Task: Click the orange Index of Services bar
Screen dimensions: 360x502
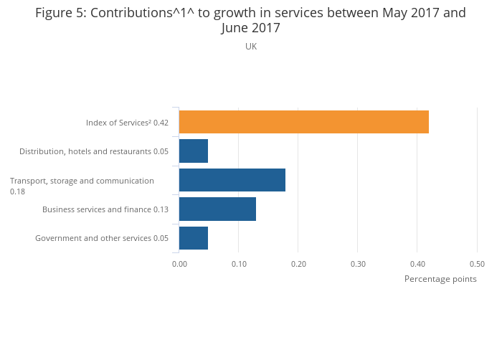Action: [x=303, y=122]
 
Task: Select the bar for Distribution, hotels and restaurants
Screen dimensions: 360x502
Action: [x=193, y=151]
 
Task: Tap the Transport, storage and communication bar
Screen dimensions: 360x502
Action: [x=232, y=180]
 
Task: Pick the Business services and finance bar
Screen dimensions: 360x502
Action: [x=217, y=209]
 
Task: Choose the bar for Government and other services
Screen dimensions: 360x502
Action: [x=193, y=238]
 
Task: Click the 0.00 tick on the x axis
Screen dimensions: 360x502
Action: [x=179, y=264]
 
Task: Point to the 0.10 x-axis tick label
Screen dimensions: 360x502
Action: [x=239, y=264]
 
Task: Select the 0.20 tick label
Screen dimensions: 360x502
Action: [x=298, y=264]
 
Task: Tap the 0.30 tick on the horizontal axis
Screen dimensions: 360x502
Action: [x=358, y=264]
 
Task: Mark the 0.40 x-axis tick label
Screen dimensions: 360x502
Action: [x=417, y=264]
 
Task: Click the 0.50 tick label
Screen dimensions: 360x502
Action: [x=477, y=264]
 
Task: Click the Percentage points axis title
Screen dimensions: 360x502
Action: [x=440, y=279]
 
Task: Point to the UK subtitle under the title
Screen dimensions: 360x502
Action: [x=251, y=47]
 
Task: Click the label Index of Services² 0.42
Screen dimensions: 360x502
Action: [x=127, y=123]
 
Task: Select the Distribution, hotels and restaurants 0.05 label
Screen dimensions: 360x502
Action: [x=94, y=151]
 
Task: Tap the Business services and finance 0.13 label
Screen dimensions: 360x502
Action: [x=105, y=209]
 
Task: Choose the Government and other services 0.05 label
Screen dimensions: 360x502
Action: [x=102, y=238]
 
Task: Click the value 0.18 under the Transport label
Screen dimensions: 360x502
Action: [x=17, y=191]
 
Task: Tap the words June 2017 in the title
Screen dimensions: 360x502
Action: [x=251, y=29]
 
